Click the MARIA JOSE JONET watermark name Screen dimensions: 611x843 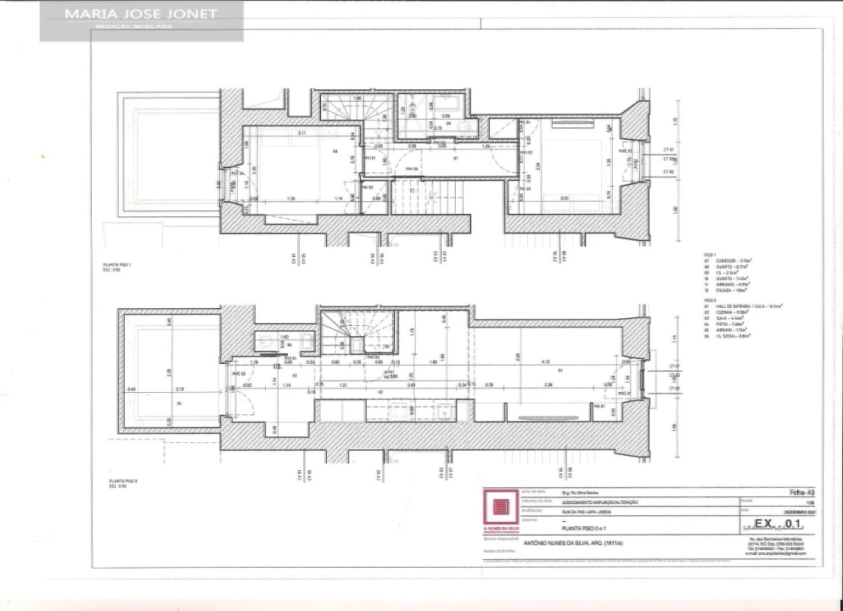(142, 14)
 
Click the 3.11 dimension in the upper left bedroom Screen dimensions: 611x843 (302, 133)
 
